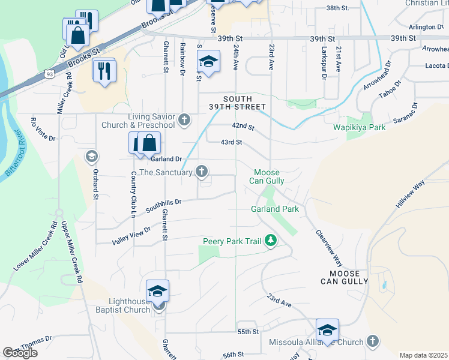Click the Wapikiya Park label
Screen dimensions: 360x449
360,128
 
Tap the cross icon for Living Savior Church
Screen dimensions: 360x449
184,119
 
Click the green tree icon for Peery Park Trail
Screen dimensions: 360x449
271,241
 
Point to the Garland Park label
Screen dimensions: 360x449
275,209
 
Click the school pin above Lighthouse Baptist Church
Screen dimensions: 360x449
157,291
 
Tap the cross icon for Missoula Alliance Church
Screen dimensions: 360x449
372,342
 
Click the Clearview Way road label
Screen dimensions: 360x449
329,247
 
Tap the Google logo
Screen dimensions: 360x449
20,353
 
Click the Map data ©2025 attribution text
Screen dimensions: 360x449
423,355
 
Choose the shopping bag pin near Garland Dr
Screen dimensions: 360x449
150,144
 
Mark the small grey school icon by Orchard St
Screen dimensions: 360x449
91,157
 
